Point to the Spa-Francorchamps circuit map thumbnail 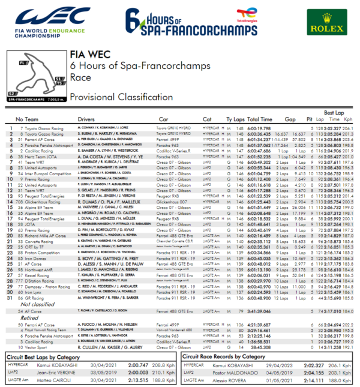pyautogui.click(x=37, y=76)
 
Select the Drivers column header pyautogui.click(x=86, y=120)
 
